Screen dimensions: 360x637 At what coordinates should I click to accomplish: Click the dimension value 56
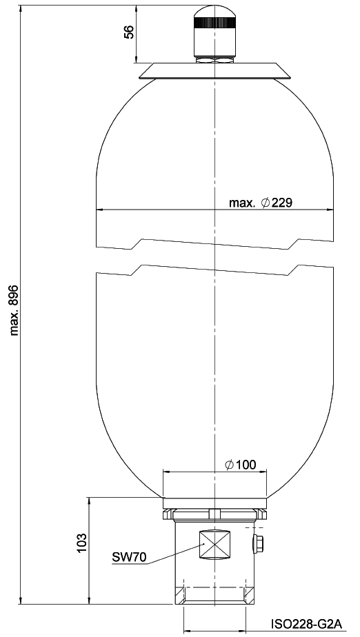point(129,32)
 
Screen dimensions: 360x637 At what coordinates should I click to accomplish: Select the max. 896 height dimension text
point(15,310)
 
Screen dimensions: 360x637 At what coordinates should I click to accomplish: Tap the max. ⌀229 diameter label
point(261,203)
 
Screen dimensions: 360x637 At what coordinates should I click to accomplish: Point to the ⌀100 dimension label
point(241,465)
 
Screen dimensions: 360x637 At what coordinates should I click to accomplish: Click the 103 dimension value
point(81,543)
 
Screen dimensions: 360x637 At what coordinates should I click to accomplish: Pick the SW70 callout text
point(129,557)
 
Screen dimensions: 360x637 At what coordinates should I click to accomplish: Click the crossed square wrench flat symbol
point(214,545)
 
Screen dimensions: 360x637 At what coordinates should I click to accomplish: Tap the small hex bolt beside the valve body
point(258,543)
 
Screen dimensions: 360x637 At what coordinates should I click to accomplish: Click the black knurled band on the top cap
point(214,23)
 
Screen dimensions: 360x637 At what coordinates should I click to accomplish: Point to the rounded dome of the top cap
point(214,12)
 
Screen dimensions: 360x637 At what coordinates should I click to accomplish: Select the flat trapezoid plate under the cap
point(214,71)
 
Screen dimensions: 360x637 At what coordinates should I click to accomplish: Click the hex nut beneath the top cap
point(214,59)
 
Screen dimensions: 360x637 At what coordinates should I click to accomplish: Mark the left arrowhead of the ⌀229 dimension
point(99,210)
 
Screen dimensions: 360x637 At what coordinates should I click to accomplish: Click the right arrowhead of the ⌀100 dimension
point(264,472)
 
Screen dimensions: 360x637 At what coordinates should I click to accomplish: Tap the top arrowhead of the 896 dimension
point(19,9)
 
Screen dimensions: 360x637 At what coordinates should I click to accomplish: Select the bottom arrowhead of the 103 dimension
point(89,600)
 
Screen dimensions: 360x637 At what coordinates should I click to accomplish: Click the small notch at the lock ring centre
point(214,514)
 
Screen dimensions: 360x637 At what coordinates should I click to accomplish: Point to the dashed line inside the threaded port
point(214,587)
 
